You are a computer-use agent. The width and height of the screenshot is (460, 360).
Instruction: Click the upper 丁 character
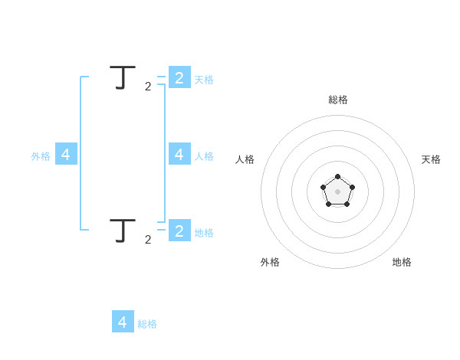[x=118, y=78]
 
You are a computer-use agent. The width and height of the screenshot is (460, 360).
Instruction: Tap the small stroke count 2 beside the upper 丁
[x=148, y=87]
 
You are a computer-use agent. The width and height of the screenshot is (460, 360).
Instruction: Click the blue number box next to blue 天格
[x=179, y=77]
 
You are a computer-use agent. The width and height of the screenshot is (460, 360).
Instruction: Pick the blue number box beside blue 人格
[x=179, y=154]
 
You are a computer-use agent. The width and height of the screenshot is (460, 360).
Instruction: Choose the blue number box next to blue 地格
[x=179, y=231]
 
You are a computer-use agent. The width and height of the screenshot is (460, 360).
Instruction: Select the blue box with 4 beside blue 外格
[x=66, y=154]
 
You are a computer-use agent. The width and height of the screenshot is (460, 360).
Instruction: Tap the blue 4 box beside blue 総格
[x=123, y=322]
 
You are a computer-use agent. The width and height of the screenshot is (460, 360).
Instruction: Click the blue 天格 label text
[x=204, y=80]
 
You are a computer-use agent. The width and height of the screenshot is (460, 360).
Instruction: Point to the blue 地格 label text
[x=204, y=233]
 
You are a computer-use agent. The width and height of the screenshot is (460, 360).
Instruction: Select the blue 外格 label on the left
[x=41, y=156]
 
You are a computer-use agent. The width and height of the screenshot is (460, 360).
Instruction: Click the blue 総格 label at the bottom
[x=147, y=324]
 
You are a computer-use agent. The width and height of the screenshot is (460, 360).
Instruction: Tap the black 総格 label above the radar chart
[x=338, y=100]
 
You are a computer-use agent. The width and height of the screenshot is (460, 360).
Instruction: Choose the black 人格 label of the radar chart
[x=245, y=159]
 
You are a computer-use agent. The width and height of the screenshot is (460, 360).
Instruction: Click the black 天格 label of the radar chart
[x=431, y=159]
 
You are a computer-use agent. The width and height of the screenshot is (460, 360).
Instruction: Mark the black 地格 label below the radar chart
[x=402, y=262]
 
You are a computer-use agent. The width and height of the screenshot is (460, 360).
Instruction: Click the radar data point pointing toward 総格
[x=337, y=177]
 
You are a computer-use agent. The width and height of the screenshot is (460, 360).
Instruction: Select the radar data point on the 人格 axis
[x=323, y=187]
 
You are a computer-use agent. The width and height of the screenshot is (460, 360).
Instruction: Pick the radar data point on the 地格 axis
[x=347, y=205]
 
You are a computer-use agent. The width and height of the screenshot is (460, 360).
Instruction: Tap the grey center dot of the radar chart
[x=337, y=191]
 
